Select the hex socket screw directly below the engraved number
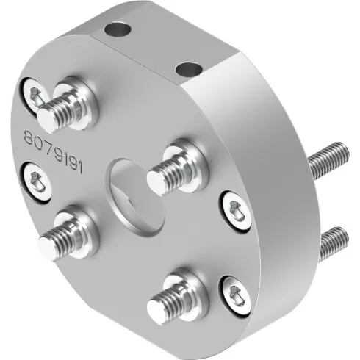[x=35, y=181]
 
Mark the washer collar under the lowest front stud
[x=183, y=287]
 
